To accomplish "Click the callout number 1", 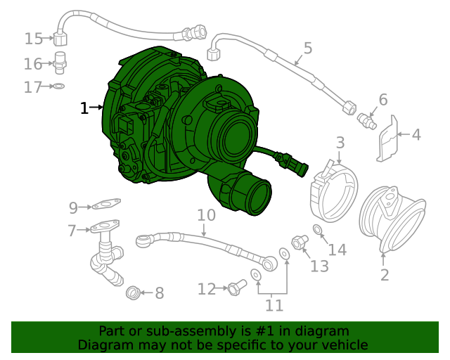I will point(84,108).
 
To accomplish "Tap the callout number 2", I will point(385,274).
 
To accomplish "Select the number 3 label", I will point(340,143).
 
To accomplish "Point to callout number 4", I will point(416,134).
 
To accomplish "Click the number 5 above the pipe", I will point(307,49).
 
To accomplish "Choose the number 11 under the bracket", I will point(274,305).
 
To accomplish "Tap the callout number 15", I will point(33,38).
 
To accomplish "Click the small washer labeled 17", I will point(60,86).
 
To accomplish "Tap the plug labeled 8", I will point(132,292).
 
